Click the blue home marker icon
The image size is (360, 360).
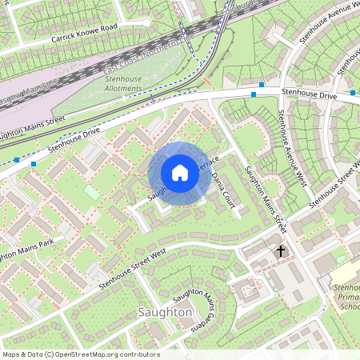(x=180, y=172)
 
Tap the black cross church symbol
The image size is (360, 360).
(x=281, y=251)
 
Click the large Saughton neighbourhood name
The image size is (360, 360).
(x=165, y=311)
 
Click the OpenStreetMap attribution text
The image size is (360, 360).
(x=80, y=354)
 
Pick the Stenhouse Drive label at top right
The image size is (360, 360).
(x=309, y=94)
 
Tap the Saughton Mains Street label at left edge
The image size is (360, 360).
(x=32, y=128)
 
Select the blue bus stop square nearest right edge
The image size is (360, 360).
(x=353, y=94)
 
